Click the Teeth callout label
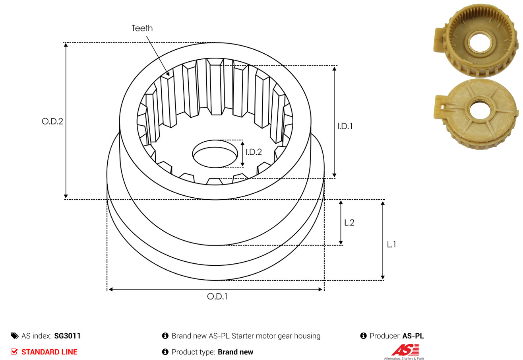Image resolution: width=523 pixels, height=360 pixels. (x=142, y=28)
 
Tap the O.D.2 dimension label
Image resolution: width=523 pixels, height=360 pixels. (x=52, y=121)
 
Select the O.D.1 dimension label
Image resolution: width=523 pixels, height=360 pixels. (x=217, y=296)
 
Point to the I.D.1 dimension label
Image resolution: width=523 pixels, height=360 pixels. (x=345, y=126)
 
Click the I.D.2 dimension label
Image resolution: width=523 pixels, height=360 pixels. (x=254, y=152)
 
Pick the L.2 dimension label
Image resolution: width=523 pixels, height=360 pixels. (x=349, y=222)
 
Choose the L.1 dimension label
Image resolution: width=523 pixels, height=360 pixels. (x=391, y=245)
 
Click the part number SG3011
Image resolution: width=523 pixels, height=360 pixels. (x=67, y=336)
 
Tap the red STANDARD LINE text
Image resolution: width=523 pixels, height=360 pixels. (x=49, y=352)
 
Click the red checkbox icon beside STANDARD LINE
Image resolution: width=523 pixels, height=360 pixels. (x=14, y=352)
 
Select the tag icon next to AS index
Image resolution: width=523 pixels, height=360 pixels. (x=14, y=336)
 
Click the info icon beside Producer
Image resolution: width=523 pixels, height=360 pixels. (x=363, y=336)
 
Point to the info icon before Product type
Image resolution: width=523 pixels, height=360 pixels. (x=165, y=352)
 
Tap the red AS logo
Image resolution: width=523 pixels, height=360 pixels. (x=405, y=350)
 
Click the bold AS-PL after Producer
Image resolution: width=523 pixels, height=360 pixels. (x=413, y=336)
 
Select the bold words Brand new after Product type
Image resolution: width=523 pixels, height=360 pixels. (x=235, y=352)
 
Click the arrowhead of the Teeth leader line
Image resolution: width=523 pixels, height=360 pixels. (x=169, y=74)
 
